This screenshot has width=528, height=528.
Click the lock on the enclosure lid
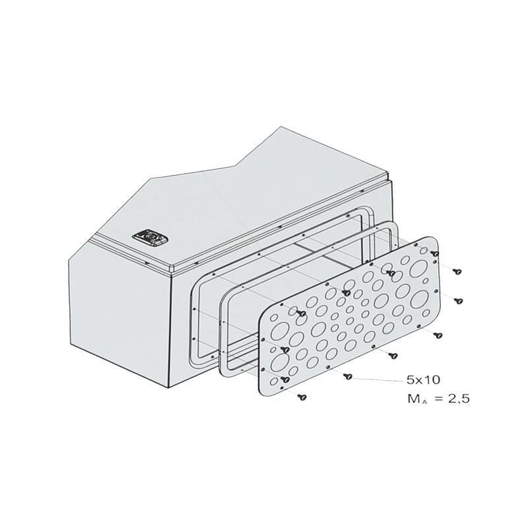click(150, 238)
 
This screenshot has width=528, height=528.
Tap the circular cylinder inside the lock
click(150, 238)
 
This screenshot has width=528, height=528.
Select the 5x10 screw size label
click(423, 380)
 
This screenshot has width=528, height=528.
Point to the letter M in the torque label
click(413, 399)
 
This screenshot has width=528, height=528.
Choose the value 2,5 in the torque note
click(458, 399)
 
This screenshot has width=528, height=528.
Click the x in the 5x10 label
click(420, 381)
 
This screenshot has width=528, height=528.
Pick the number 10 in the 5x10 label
click(432, 380)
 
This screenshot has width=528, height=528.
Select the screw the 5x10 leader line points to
click(348, 376)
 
